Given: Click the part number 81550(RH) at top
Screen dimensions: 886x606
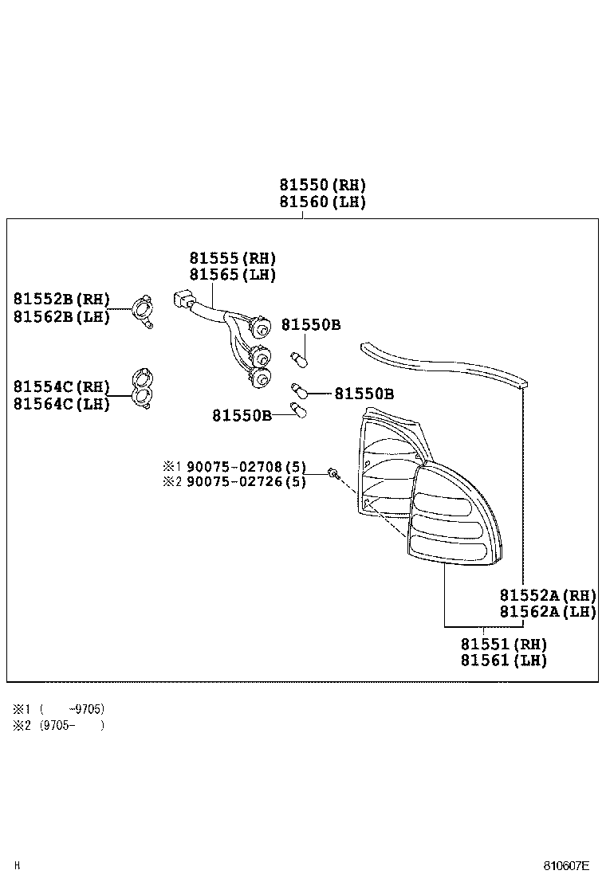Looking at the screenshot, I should pos(322,184).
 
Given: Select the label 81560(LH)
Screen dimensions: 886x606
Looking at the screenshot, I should pos(322,202).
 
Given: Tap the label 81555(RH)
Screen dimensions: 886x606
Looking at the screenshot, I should pos(232,258).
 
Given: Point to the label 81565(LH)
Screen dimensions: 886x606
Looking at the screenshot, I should pos(232,275).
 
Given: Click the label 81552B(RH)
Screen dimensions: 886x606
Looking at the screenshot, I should pos(61,299).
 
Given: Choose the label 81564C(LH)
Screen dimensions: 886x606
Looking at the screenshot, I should pos(61,403).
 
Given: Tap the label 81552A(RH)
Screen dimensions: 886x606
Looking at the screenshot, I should pos(548,595).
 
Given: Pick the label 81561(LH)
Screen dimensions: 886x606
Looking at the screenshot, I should pos(504,661).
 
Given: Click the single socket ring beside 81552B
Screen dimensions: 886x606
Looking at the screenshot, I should pos(144,308).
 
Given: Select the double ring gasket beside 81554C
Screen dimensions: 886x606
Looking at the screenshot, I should pos(144,388).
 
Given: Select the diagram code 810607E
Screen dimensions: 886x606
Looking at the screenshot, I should pos(566,865).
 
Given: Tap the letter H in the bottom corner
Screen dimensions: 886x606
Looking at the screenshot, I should pos(17,865).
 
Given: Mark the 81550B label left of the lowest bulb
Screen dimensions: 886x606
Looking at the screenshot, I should pos(242,415).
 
